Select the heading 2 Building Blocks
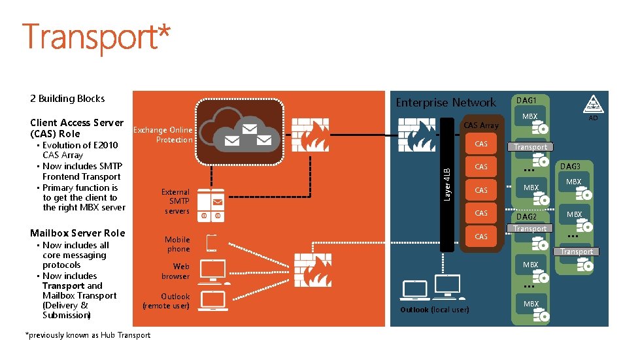(x=67, y=99)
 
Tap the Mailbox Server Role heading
(x=77, y=233)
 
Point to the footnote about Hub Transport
(x=88, y=335)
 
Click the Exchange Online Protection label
(x=163, y=135)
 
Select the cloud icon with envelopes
(x=240, y=127)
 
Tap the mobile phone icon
(x=212, y=243)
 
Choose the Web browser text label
(x=176, y=271)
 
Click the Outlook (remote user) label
(x=166, y=301)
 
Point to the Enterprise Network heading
(x=446, y=103)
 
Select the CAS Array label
(x=480, y=125)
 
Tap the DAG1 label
(x=526, y=100)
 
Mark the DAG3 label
(x=570, y=167)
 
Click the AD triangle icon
(x=593, y=104)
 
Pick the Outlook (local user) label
(x=434, y=310)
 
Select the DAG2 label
(x=526, y=217)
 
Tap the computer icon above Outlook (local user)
(x=416, y=289)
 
